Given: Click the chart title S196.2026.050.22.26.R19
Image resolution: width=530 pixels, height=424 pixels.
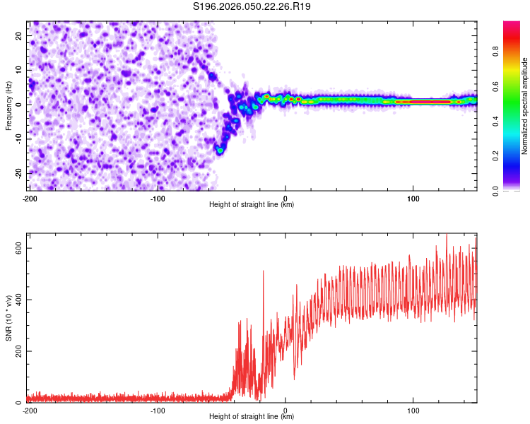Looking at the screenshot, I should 252,6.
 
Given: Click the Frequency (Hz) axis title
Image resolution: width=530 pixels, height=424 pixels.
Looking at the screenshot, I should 8,105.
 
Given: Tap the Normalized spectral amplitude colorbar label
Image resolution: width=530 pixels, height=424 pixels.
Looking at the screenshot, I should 525,105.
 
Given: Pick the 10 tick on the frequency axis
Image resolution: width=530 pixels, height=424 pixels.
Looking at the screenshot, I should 19,69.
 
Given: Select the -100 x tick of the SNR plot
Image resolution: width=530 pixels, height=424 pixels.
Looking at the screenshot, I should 157,411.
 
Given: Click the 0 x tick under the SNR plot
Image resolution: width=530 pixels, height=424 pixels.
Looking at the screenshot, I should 285,411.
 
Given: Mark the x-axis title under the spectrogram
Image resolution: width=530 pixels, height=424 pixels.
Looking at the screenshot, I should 252,205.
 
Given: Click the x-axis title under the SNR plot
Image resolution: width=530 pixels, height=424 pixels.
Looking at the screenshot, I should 252,417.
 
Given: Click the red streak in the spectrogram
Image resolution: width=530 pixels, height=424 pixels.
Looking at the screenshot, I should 424,102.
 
